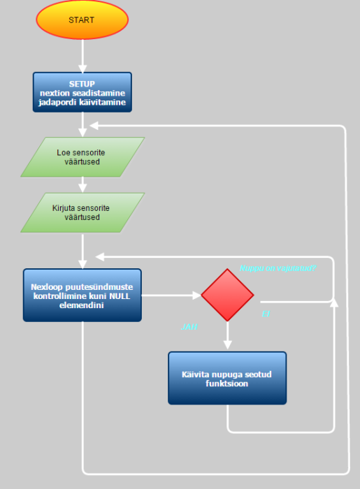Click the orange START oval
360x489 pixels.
[x=82, y=20]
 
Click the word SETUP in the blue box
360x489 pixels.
[x=82, y=84]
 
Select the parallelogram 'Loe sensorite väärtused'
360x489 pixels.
[x=82, y=156]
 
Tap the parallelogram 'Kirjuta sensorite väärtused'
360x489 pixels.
[x=82, y=212]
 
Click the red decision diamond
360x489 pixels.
[x=227, y=295]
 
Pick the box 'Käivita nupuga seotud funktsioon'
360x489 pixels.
[x=227, y=378]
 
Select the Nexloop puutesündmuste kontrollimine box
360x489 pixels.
[x=82, y=295]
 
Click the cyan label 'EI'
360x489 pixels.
[x=266, y=314]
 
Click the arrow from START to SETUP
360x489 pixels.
[x=82, y=56]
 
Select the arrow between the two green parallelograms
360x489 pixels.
[x=82, y=184]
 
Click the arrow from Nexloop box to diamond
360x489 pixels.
[x=171, y=295]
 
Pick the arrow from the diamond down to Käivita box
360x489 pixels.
[x=227, y=335]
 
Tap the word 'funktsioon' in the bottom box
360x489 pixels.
[x=227, y=384]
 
